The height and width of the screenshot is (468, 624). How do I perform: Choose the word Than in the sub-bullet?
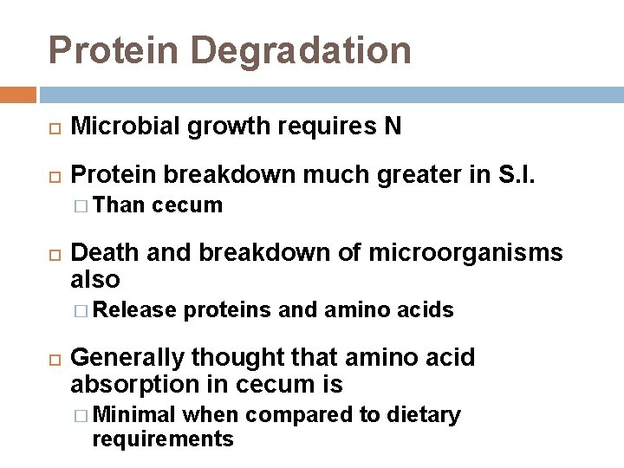[121, 205]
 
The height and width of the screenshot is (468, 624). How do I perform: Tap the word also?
[94, 279]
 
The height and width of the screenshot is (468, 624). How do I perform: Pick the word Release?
[133, 310]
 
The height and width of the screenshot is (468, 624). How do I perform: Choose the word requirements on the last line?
[162, 439]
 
